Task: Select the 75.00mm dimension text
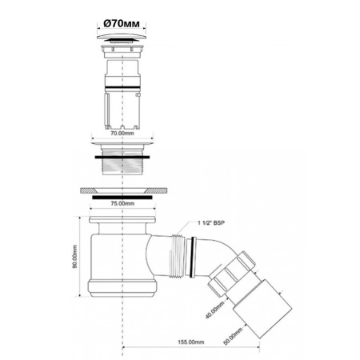click(x=121, y=203)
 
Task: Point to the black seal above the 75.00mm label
click(x=121, y=195)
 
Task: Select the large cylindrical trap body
click(x=121, y=256)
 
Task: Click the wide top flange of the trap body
click(x=121, y=218)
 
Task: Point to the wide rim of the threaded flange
click(x=121, y=146)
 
